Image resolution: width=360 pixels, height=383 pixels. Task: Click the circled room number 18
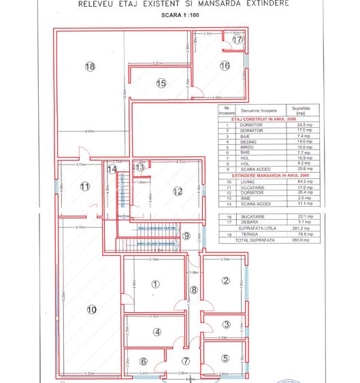[x=89, y=66]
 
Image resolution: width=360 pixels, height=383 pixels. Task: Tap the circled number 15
[x=161, y=84]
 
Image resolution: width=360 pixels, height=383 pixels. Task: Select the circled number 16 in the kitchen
[x=224, y=66]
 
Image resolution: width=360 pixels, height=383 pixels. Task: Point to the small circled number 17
[x=237, y=40]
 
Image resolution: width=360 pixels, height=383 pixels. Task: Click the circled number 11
[x=85, y=186]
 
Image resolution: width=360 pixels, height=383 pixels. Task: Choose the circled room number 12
[x=178, y=191]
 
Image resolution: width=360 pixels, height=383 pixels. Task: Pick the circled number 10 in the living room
[x=91, y=310]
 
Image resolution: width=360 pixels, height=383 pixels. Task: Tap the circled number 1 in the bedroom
[x=155, y=284]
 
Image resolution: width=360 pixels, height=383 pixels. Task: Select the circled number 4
[x=157, y=332]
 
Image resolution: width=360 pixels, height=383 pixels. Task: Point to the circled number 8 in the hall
[x=193, y=290]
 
